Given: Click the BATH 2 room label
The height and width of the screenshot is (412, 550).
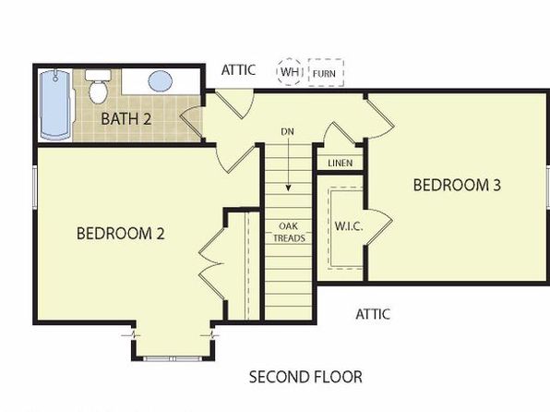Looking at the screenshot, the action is point(126,119).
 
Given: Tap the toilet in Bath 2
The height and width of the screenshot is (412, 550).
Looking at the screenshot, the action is point(98,87).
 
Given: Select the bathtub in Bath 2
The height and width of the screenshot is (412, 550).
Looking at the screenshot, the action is point(55,105).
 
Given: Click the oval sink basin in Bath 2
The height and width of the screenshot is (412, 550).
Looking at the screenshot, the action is point(160,80).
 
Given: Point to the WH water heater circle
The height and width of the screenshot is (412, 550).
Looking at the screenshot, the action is point(290,72).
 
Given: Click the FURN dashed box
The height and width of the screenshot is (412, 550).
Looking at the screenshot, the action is point(326,73).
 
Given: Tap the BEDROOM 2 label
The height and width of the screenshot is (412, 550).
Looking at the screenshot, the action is point(120,233).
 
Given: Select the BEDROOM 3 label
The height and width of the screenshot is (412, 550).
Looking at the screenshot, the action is point(457,185).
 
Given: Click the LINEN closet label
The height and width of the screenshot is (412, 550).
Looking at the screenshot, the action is point(341,163).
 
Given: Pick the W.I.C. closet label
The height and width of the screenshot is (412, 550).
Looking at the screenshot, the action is point(349,226).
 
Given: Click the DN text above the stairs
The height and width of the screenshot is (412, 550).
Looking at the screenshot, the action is point(287,132).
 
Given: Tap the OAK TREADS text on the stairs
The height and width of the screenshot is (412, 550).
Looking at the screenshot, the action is point(289,232).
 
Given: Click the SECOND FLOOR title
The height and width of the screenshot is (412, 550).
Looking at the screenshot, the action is point(305,377).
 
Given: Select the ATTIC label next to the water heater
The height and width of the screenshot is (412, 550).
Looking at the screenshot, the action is point(238,70).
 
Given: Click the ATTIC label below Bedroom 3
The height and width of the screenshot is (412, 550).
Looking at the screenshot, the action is point(373,314).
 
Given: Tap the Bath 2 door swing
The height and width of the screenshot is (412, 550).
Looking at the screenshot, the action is point(191,124).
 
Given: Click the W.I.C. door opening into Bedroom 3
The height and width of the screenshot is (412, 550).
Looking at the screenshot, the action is point(379,226).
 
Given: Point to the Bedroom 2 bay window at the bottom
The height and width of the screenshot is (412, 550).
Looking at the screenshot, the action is point(173,358).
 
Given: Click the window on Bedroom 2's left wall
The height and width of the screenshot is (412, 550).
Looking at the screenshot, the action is point(35,186).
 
